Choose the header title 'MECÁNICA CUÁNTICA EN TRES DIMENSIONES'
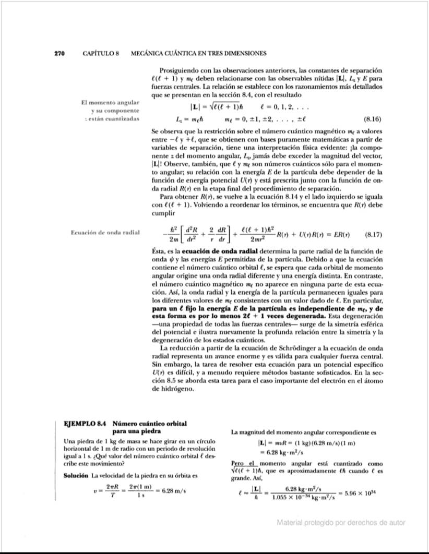pyautogui.click(x=198, y=53)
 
